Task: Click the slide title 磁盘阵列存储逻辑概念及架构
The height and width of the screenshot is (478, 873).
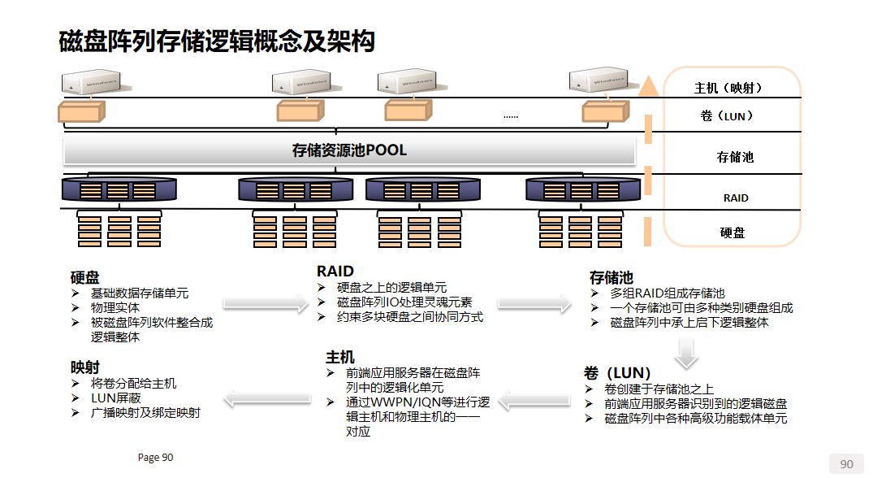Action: pyautogui.click(x=217, y=41)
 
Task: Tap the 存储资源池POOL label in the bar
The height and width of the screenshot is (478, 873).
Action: pyautogui.click(x=349, y=150)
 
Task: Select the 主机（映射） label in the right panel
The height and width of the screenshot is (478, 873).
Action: pyautogui.click(x=728, y=88)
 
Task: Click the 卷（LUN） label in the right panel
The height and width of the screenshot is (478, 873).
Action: pyautogui.click(x=727, y=116)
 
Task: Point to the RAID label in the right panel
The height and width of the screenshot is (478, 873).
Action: pyautogui.click(x=736, y=198)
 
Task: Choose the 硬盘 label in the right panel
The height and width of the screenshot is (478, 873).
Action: pyautogui.click(x=733, y=232)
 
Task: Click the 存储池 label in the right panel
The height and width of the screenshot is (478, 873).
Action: pyautogui.click(x=735, y=157)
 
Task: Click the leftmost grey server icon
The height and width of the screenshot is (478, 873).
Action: pyautogui.click(x=91, y=83)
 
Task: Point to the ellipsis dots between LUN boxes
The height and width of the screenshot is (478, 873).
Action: pyautogui.click(x=510, y=117)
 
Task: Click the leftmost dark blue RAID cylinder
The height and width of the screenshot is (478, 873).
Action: pyautogui.click(x=119, y=190)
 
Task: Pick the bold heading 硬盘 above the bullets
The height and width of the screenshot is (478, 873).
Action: pyautogui.click(x=84, y=277)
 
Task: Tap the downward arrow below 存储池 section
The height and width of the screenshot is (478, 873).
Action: pyautogui.click(x=686, y=351)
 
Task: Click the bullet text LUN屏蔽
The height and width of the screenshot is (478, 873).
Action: pyautogui.click(x=116, y=398)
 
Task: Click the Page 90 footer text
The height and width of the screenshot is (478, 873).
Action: pyautogui.click(x=155, y=458)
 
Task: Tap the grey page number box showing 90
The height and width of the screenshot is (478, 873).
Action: pyautogui.click(x=846, y=464)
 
